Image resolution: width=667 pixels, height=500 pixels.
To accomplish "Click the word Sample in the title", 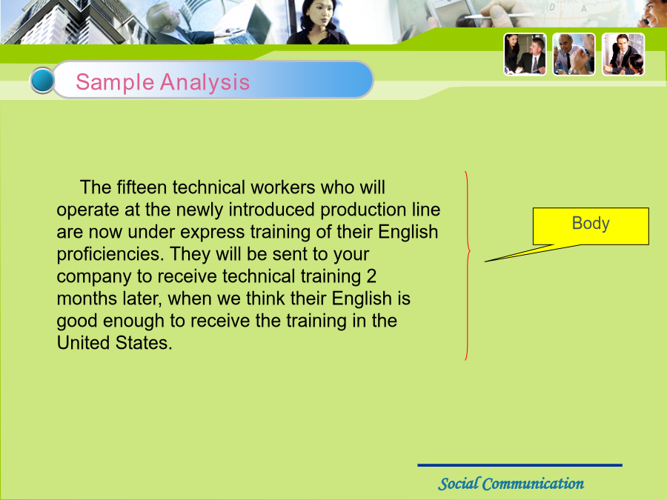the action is pyautogui.click(x=114, y=82).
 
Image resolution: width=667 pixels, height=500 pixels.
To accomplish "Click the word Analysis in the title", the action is pyautogui.click(x=205, y=82).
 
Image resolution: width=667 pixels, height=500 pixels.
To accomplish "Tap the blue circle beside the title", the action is pyautogui.click(x=42, y=80).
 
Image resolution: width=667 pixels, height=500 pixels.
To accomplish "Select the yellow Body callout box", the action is pyautogui.click(x=591, y=226).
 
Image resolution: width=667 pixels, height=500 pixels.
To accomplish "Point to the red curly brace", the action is pyautogui.click(x=468, y=266).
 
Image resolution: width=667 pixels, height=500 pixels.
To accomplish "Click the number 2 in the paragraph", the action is pyautogui.click(x=371, y=276).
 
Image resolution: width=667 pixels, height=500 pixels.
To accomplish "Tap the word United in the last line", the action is pyautogui.click(x=83, y=343).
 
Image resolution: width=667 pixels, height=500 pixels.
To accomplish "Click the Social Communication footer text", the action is pyautogui.click(x=511, y=484).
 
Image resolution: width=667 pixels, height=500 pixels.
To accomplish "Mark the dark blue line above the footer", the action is pyautogui.click(x=520, y=465).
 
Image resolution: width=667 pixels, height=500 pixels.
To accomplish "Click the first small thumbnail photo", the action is pyautogui.click(x=525, y=54).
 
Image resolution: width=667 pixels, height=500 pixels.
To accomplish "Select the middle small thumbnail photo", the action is pyautogui.click(x=574, y=54).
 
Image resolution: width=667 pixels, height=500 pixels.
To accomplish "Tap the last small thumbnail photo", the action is pyautogui.click(x=623, y=54).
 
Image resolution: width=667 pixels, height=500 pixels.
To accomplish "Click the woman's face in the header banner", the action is pyautogui.click(x=320, y=16).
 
